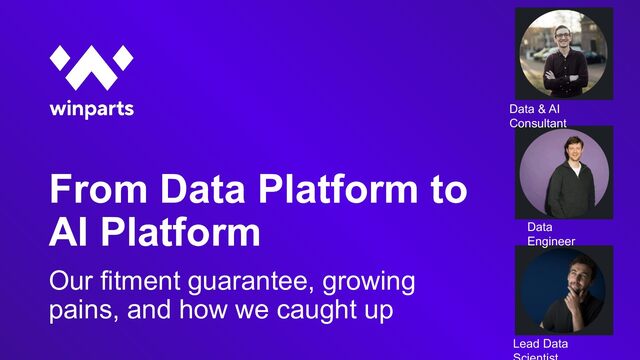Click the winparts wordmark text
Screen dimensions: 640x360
[92, 109]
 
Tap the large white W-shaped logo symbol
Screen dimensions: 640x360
[91, 67]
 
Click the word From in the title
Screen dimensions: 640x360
[98, 189]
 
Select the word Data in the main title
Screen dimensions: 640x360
[202, 189]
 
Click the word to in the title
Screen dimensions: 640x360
[449, 190]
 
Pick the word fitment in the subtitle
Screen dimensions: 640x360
[140, 281]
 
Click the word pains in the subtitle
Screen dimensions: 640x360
[84, 310]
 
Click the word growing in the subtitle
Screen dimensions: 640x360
[369, 283]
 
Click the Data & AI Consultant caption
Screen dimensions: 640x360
[538, 116]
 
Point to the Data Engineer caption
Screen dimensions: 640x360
[551, 234]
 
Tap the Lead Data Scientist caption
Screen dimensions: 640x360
[540, 350]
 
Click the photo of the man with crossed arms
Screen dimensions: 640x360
[564, 53]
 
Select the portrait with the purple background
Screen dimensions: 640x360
[564, 173]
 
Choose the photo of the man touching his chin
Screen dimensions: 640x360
[564, 291]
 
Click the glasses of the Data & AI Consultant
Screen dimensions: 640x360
[562, 36]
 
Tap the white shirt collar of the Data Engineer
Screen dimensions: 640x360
[574, 168]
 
